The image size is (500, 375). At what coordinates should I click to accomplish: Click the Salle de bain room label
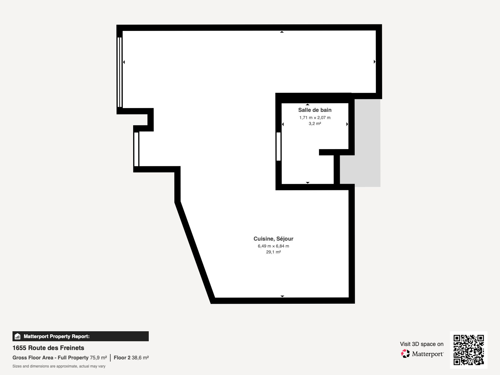pos(315,110)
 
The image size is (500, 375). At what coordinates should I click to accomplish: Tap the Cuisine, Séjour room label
pos(273,239)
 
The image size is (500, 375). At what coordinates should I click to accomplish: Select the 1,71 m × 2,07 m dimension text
pos(315,117)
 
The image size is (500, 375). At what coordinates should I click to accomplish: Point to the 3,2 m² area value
pos(315,123)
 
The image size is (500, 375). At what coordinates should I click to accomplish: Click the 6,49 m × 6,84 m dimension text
pos(273,246)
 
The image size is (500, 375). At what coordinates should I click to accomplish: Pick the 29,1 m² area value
pos(273,252)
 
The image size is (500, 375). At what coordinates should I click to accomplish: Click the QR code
pos(468,350)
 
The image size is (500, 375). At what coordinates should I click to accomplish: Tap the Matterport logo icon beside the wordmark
pos(405,354)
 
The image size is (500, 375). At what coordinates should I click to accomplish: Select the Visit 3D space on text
pos(422,344)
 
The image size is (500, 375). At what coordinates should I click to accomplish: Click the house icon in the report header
pos(17,336)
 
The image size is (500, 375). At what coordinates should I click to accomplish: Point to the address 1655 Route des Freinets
pos(48,348)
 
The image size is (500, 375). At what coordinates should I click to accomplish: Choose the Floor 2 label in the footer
pos(122,358)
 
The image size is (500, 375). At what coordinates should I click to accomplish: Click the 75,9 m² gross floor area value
pos(98,358)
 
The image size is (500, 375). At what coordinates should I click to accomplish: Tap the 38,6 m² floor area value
pos(140,358)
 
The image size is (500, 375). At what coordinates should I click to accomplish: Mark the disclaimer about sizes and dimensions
pos(59,366)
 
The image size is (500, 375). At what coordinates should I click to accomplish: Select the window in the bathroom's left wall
pos(278,147)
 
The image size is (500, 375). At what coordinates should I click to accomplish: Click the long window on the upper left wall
pos(120,72)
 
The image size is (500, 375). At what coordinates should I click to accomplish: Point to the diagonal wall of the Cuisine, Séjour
pos(195,252)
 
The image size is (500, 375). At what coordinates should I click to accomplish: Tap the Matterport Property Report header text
pos(57,336)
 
